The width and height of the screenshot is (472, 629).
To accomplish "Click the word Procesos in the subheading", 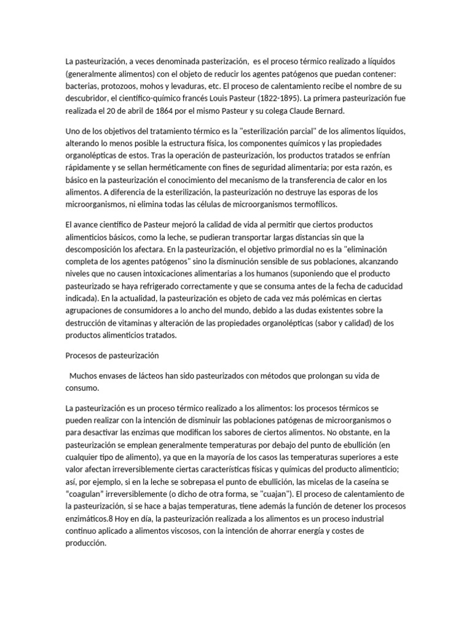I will point(82,356).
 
